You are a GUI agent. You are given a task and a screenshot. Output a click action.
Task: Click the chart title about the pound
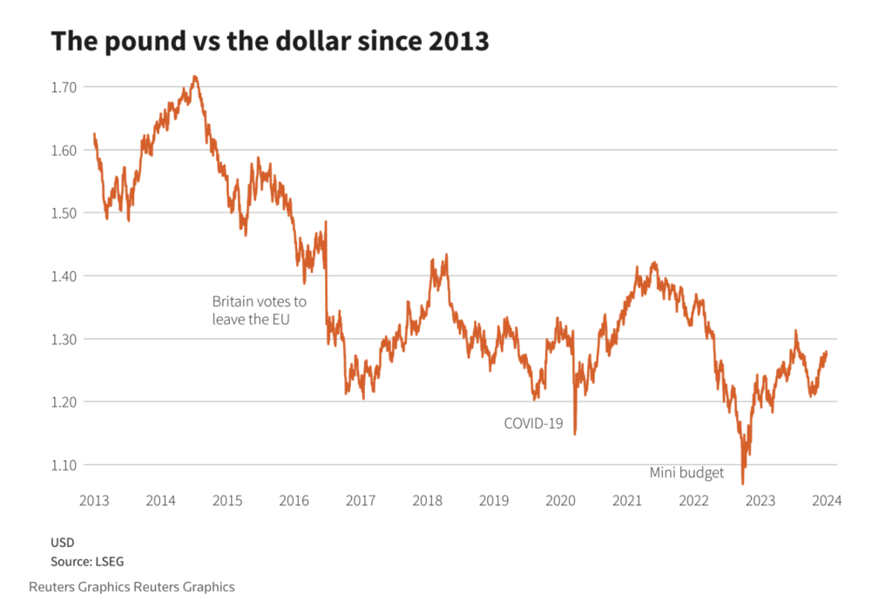270,41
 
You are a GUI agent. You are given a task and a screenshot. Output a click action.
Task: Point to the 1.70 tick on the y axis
64,87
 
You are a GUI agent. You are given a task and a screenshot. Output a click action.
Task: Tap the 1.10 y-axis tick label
64,465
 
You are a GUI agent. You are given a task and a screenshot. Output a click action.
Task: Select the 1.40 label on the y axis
64,276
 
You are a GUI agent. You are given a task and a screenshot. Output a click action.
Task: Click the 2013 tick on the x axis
93,501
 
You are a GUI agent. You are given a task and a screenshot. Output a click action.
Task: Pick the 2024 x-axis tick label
827,501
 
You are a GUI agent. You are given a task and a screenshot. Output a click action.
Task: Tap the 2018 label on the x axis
427,501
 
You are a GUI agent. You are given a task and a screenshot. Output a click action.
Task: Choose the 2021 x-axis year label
627,501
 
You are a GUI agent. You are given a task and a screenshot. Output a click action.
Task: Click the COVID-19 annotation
533,423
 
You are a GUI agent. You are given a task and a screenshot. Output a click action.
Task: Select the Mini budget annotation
686,473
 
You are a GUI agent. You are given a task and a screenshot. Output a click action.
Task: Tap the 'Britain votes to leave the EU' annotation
260,310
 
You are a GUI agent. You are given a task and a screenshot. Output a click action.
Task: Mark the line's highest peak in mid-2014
195,77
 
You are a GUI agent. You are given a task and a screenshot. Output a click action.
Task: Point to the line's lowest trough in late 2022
743,483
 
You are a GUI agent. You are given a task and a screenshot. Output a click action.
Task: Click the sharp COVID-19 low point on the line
575,434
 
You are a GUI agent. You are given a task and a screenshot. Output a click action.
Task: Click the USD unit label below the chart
63,543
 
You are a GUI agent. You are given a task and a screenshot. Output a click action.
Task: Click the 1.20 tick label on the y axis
64,402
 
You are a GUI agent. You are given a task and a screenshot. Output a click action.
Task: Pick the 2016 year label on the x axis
294,501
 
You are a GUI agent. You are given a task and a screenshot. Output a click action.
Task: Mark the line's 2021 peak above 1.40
654,262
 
